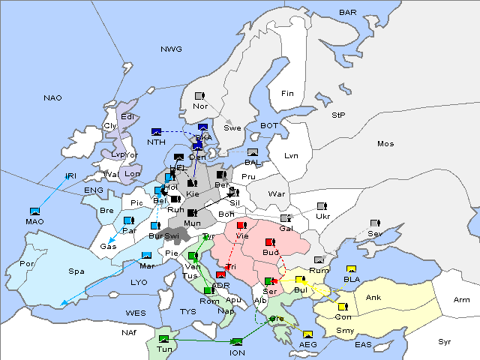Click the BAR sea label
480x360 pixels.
(347, 13)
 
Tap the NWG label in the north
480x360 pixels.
(171, 49)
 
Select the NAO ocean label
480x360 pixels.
(52, 98)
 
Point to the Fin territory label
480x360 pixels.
(286, 94)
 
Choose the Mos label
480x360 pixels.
(385, 143)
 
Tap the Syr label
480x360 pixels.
(445, 341)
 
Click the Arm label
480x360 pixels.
(461, 300)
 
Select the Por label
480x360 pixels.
(28, 264)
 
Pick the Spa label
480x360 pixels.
(76, 271)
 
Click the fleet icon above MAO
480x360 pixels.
(34, 211)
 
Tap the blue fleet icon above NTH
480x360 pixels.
(157, 132)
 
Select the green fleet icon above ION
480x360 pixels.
(238, 342)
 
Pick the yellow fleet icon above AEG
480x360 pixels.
(307, 334)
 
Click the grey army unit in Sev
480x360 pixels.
(375, 223)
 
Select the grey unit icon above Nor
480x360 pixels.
(199, 96)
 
